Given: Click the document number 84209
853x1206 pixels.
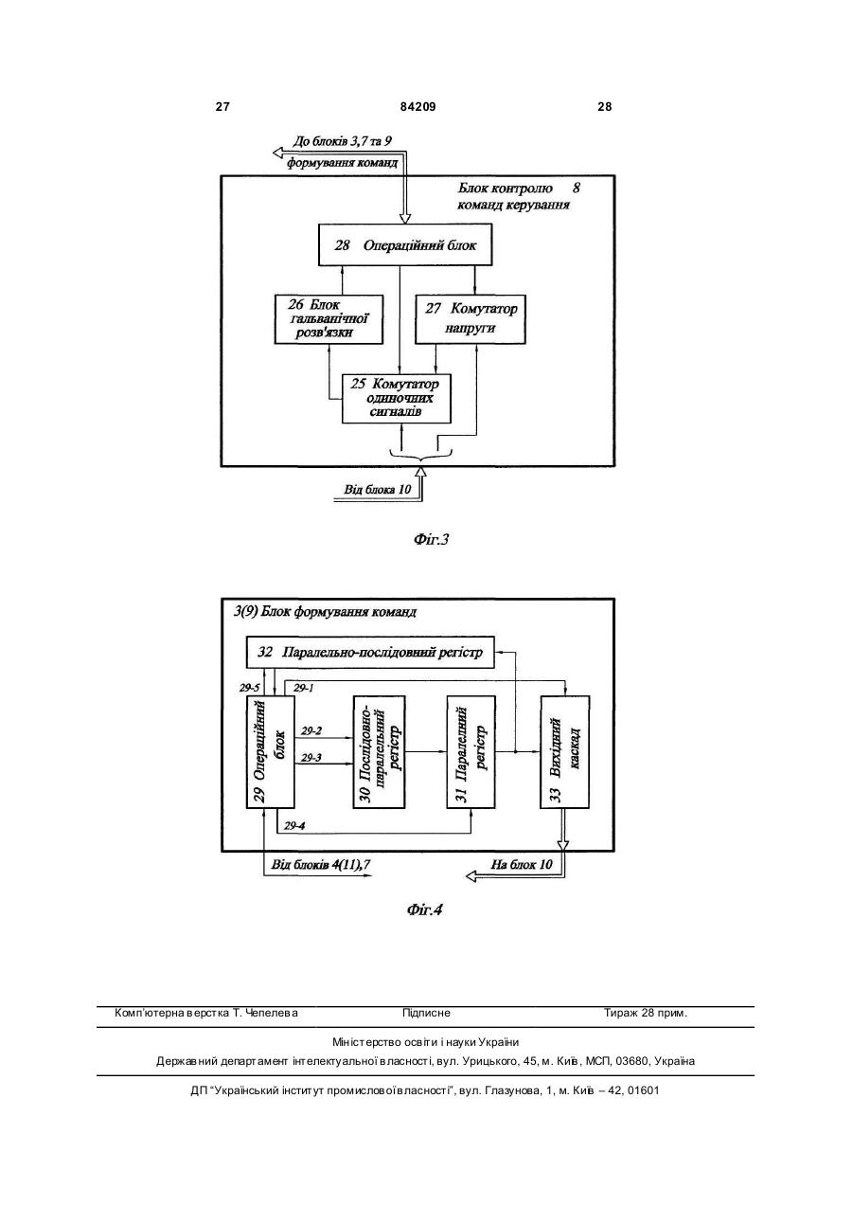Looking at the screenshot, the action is (418, 107).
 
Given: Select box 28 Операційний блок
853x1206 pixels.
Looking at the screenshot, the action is (405, 245).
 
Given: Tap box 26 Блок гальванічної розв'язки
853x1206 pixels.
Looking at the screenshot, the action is (329, 318).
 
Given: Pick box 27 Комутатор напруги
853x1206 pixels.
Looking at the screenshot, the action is (471, 318).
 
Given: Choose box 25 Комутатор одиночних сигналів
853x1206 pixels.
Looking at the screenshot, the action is (397, 399).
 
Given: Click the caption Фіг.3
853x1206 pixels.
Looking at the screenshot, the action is (431, 539).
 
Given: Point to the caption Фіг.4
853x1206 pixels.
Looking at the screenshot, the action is (425, 909).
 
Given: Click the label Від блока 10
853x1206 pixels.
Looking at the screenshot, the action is (377, 490).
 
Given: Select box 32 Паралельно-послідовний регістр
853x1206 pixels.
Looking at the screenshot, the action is (370, 652).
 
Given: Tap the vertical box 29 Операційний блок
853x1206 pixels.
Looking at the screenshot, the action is (271, 751).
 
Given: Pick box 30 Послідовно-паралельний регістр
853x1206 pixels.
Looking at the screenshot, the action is (380, 751).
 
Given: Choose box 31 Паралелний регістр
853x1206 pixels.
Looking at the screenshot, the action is (471, 751).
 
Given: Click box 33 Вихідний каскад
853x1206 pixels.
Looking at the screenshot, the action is (565, 751).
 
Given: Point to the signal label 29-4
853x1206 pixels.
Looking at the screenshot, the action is (294, 825).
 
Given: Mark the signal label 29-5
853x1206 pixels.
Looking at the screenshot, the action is (250, 688).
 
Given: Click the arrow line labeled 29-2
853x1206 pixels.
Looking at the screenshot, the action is (324, 738).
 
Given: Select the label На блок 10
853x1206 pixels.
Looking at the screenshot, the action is (522, 865).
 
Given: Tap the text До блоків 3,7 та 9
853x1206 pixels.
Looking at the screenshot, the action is (343, 141).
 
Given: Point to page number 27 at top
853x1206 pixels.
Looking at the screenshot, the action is (222, 107).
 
